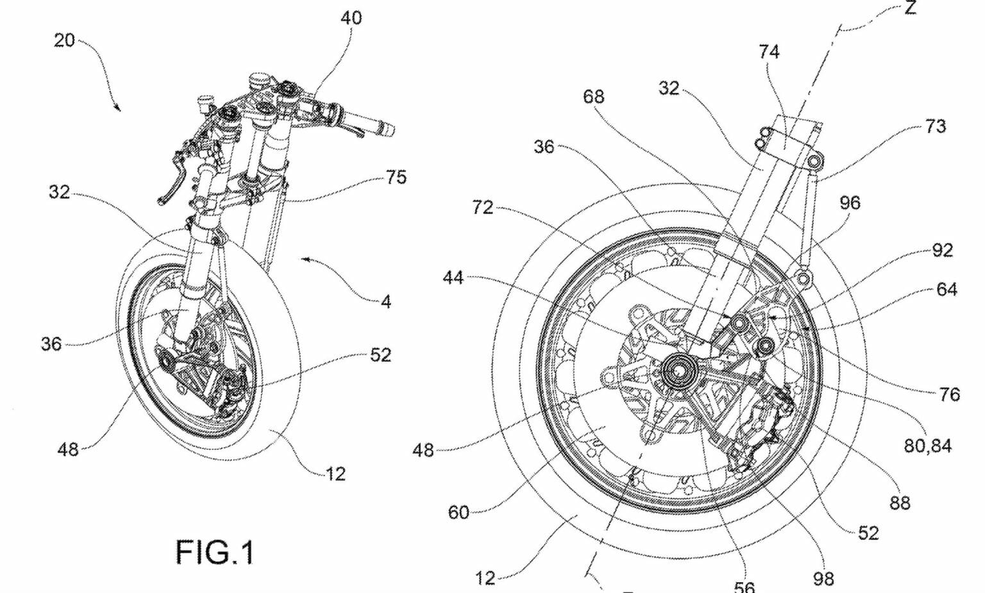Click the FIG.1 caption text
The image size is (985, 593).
[x=215, y=552]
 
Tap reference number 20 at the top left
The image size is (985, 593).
[x=64, y=41]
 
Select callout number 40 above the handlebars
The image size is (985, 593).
[x=350, y=18]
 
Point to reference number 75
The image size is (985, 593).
[x=396, y=177]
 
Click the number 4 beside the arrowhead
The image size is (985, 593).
[x=385, y=301]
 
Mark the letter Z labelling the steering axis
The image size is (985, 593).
[x=909, y=8]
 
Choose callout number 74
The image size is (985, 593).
[x=769, y=51]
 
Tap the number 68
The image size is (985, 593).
[x=593, y=96]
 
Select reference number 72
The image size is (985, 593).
[x=482, y=207]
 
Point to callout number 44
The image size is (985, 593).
[x=453, y=278]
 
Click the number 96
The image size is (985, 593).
[x=850, y=203]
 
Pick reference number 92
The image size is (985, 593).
[x=942, y=250]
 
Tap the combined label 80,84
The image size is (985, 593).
[x=927, y=445]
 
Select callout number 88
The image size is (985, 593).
[x=900, y=503]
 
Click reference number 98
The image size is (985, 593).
[x=823, y=579]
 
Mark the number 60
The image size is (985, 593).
[x=459, y=512]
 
